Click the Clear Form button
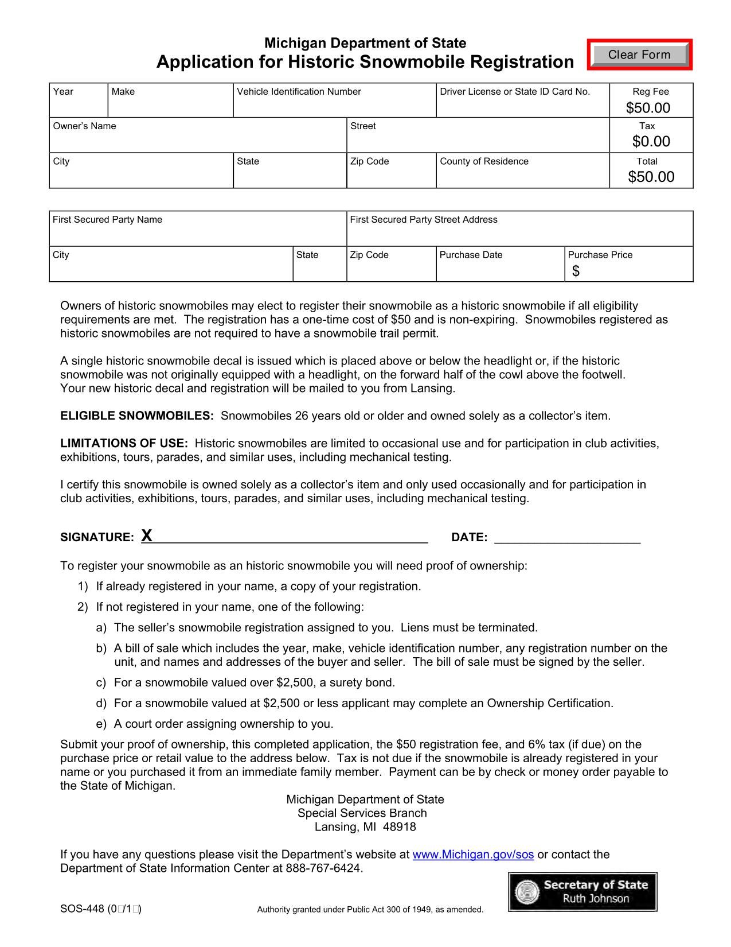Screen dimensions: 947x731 (639, 55)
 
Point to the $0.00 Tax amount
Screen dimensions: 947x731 (651, 141)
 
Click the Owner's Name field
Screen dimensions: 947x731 (198, 140)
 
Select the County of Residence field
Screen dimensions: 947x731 (522, 175)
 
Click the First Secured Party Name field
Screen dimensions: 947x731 (198, 234)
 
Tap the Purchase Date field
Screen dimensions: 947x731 (500, 269)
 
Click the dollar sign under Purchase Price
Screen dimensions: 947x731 (576, 271)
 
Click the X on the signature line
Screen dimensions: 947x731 (147, 535)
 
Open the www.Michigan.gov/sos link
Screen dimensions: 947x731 (473, 855)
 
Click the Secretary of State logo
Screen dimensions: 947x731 (583, 891)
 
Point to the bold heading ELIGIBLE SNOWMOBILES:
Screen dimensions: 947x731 (136, 416)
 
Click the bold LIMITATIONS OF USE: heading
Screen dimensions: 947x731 (124, 444)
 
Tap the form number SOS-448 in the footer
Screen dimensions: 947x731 (81, 909)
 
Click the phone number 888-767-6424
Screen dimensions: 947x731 (323, 868)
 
